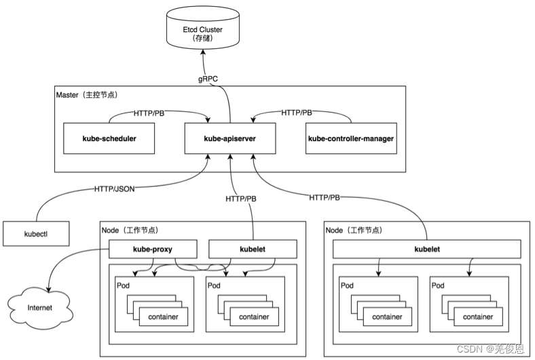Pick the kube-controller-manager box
[x=350, y=139]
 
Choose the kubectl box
[x=35, y=234]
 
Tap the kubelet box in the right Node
[x=427, y=249]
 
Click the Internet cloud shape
[x=39, y=308]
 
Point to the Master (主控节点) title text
[x=92, y=94]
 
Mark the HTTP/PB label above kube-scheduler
[x=149, y=112]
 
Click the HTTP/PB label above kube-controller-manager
[x=297, y=112]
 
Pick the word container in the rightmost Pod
[x=478, y=317]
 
